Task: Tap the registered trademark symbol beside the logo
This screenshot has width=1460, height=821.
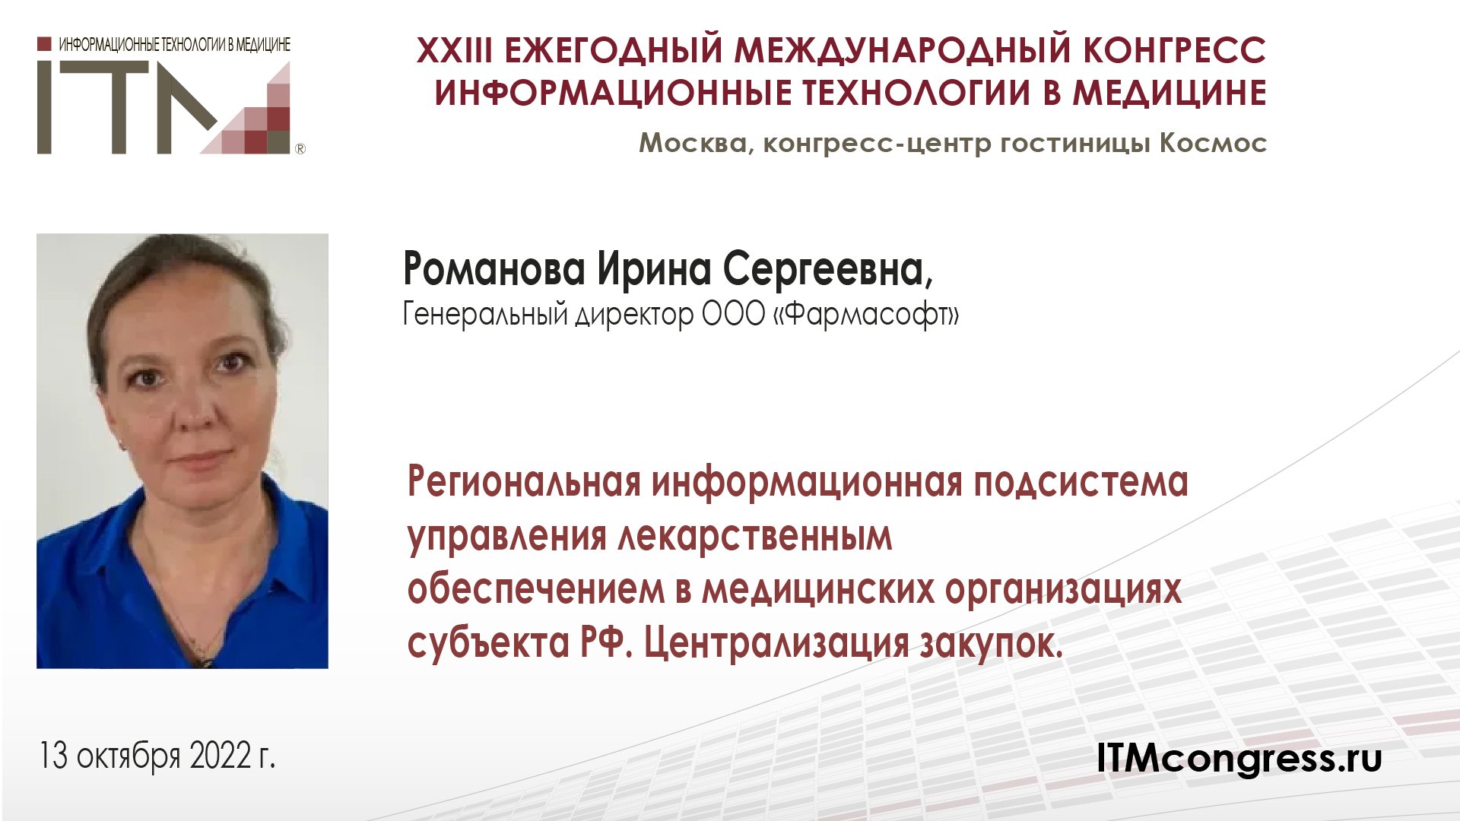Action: point(300,149)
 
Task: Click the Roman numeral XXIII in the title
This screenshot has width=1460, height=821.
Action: point(453,51)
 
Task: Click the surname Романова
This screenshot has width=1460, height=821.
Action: point(494,269)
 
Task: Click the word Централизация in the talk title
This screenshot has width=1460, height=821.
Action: point(776,644)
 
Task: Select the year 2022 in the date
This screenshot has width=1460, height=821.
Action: point(221,756)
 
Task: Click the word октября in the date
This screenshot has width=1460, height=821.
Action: point(129,757)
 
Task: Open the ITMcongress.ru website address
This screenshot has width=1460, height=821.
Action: point(1239,758)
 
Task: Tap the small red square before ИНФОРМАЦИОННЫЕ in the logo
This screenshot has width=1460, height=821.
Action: point(44,44)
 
